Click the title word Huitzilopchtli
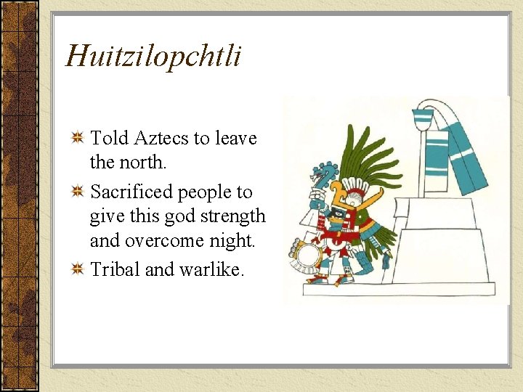click(x=153, y=57)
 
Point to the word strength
click(x=231, y=216)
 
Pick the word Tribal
click(x=115, y=269)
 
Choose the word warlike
click(x=214, y=269)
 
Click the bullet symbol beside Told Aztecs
click(x=78, y=138)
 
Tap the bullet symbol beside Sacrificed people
click(x=78, y=192)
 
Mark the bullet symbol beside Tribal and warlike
click(x=78, y=270)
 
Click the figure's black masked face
click(x=338, y=215)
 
